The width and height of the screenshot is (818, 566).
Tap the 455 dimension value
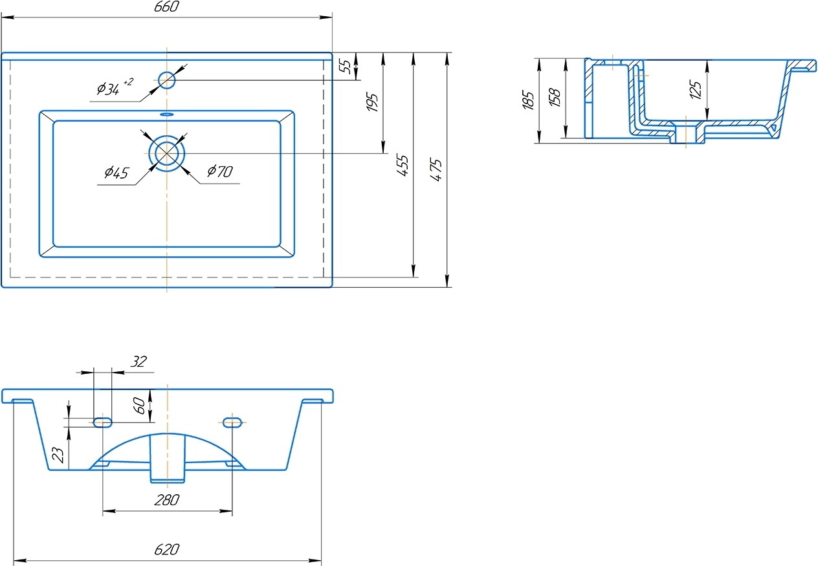[x=403, y=166]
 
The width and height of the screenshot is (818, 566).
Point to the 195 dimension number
[x=373, y=102]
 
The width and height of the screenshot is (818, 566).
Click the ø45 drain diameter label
[x=116, y=173]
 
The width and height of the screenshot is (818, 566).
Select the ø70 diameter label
[x=220, y=171]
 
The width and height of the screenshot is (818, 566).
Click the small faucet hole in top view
[x=167, y=80]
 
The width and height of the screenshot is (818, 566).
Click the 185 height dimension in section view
[x=528, y=100]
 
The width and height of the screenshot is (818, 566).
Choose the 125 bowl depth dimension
[x=696, y=89]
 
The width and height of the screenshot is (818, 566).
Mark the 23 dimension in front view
[x=59, y=455]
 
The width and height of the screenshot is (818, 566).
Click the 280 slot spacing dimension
[x=168, y=500]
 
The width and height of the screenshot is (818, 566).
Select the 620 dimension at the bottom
[x=167, y=550]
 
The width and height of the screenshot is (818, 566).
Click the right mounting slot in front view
[x=233, y=422]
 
